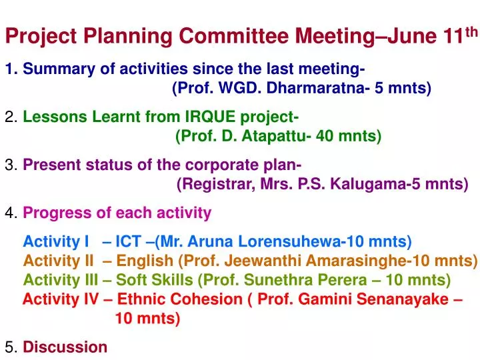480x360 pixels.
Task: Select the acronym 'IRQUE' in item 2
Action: [x=210, y=117]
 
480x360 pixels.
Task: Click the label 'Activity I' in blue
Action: [x=56, y=241]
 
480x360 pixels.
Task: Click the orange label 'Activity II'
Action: [x=58, y=260]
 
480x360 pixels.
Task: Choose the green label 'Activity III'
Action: [x=60, y=279]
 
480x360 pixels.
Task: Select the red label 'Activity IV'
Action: [x=61, y=299]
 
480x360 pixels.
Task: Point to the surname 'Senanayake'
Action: [x=407, y=299]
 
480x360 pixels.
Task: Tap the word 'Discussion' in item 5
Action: [x=65, y=347]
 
